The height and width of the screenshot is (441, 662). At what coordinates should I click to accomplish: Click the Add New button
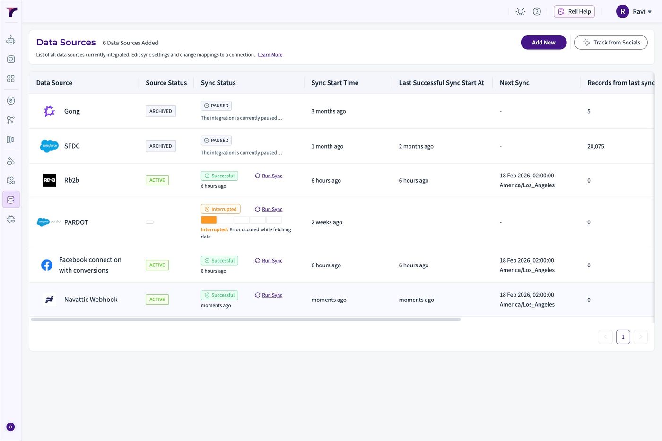(543, 42)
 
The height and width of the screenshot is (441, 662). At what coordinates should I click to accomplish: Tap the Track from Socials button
(610, 42)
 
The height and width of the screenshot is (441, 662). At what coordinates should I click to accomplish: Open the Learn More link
(270, 55)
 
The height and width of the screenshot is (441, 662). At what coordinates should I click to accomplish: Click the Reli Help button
(574, 11)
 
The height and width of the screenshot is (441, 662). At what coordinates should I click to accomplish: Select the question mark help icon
(537, 11)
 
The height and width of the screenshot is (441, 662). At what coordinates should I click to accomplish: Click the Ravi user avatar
(622, 11)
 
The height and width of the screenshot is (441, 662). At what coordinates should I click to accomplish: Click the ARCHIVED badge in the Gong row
(160, 111)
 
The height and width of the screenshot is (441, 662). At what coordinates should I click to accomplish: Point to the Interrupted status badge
(220, 209)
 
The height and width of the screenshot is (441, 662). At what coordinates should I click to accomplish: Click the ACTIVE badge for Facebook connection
(157, 265)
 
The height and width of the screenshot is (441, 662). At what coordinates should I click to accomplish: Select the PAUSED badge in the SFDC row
(216, 141)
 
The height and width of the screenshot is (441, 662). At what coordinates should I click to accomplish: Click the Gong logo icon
(49, 111)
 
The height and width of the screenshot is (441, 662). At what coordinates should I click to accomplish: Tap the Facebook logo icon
(47, 265)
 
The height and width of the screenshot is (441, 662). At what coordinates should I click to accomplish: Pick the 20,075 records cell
(595, 146)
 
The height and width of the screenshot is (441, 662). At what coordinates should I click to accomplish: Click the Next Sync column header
(514, 83)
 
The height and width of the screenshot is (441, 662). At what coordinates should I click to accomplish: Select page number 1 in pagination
(623, 337)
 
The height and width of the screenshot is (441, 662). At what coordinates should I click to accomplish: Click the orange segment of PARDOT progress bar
(209, 220)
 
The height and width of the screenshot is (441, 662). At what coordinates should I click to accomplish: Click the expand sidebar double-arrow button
(10, 427)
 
